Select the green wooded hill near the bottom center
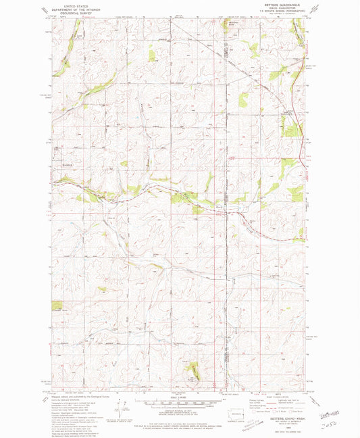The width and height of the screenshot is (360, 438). (x=194, y=369)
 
